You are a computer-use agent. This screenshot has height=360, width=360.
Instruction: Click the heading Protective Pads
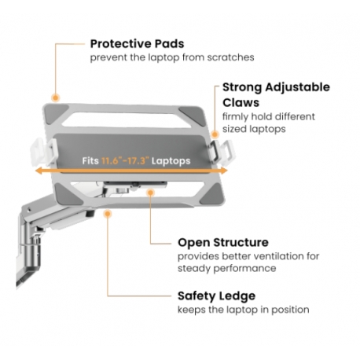tap(137, 44)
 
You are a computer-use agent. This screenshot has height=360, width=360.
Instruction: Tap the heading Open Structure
tap(223, 242)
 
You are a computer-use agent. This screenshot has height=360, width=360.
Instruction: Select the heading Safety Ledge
tap(216, 296)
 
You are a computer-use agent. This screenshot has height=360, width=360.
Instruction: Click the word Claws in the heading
tap(241, 102)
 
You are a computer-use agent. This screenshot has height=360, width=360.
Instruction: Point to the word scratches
tap(230, 57)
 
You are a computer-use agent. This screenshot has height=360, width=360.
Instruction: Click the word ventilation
tap(263, 256)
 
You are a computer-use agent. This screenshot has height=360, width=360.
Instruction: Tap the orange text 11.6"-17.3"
tap(125, 160)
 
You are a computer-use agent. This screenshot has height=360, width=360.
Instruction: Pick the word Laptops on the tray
tap(171, 161)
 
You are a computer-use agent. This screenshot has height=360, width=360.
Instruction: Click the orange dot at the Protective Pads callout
tap(55, 98)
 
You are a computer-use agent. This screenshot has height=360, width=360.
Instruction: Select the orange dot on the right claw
tap(215, 134)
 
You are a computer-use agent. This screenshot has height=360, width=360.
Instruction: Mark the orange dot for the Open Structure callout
tap(150, 193)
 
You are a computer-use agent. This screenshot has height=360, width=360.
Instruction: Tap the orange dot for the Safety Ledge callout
tap(108, 214)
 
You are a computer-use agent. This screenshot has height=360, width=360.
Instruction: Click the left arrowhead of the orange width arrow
tap(39, 171)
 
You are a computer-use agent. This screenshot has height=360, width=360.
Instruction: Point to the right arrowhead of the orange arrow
tap(223, 171)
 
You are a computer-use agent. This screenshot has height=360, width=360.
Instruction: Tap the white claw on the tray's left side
tap(43, 152)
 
